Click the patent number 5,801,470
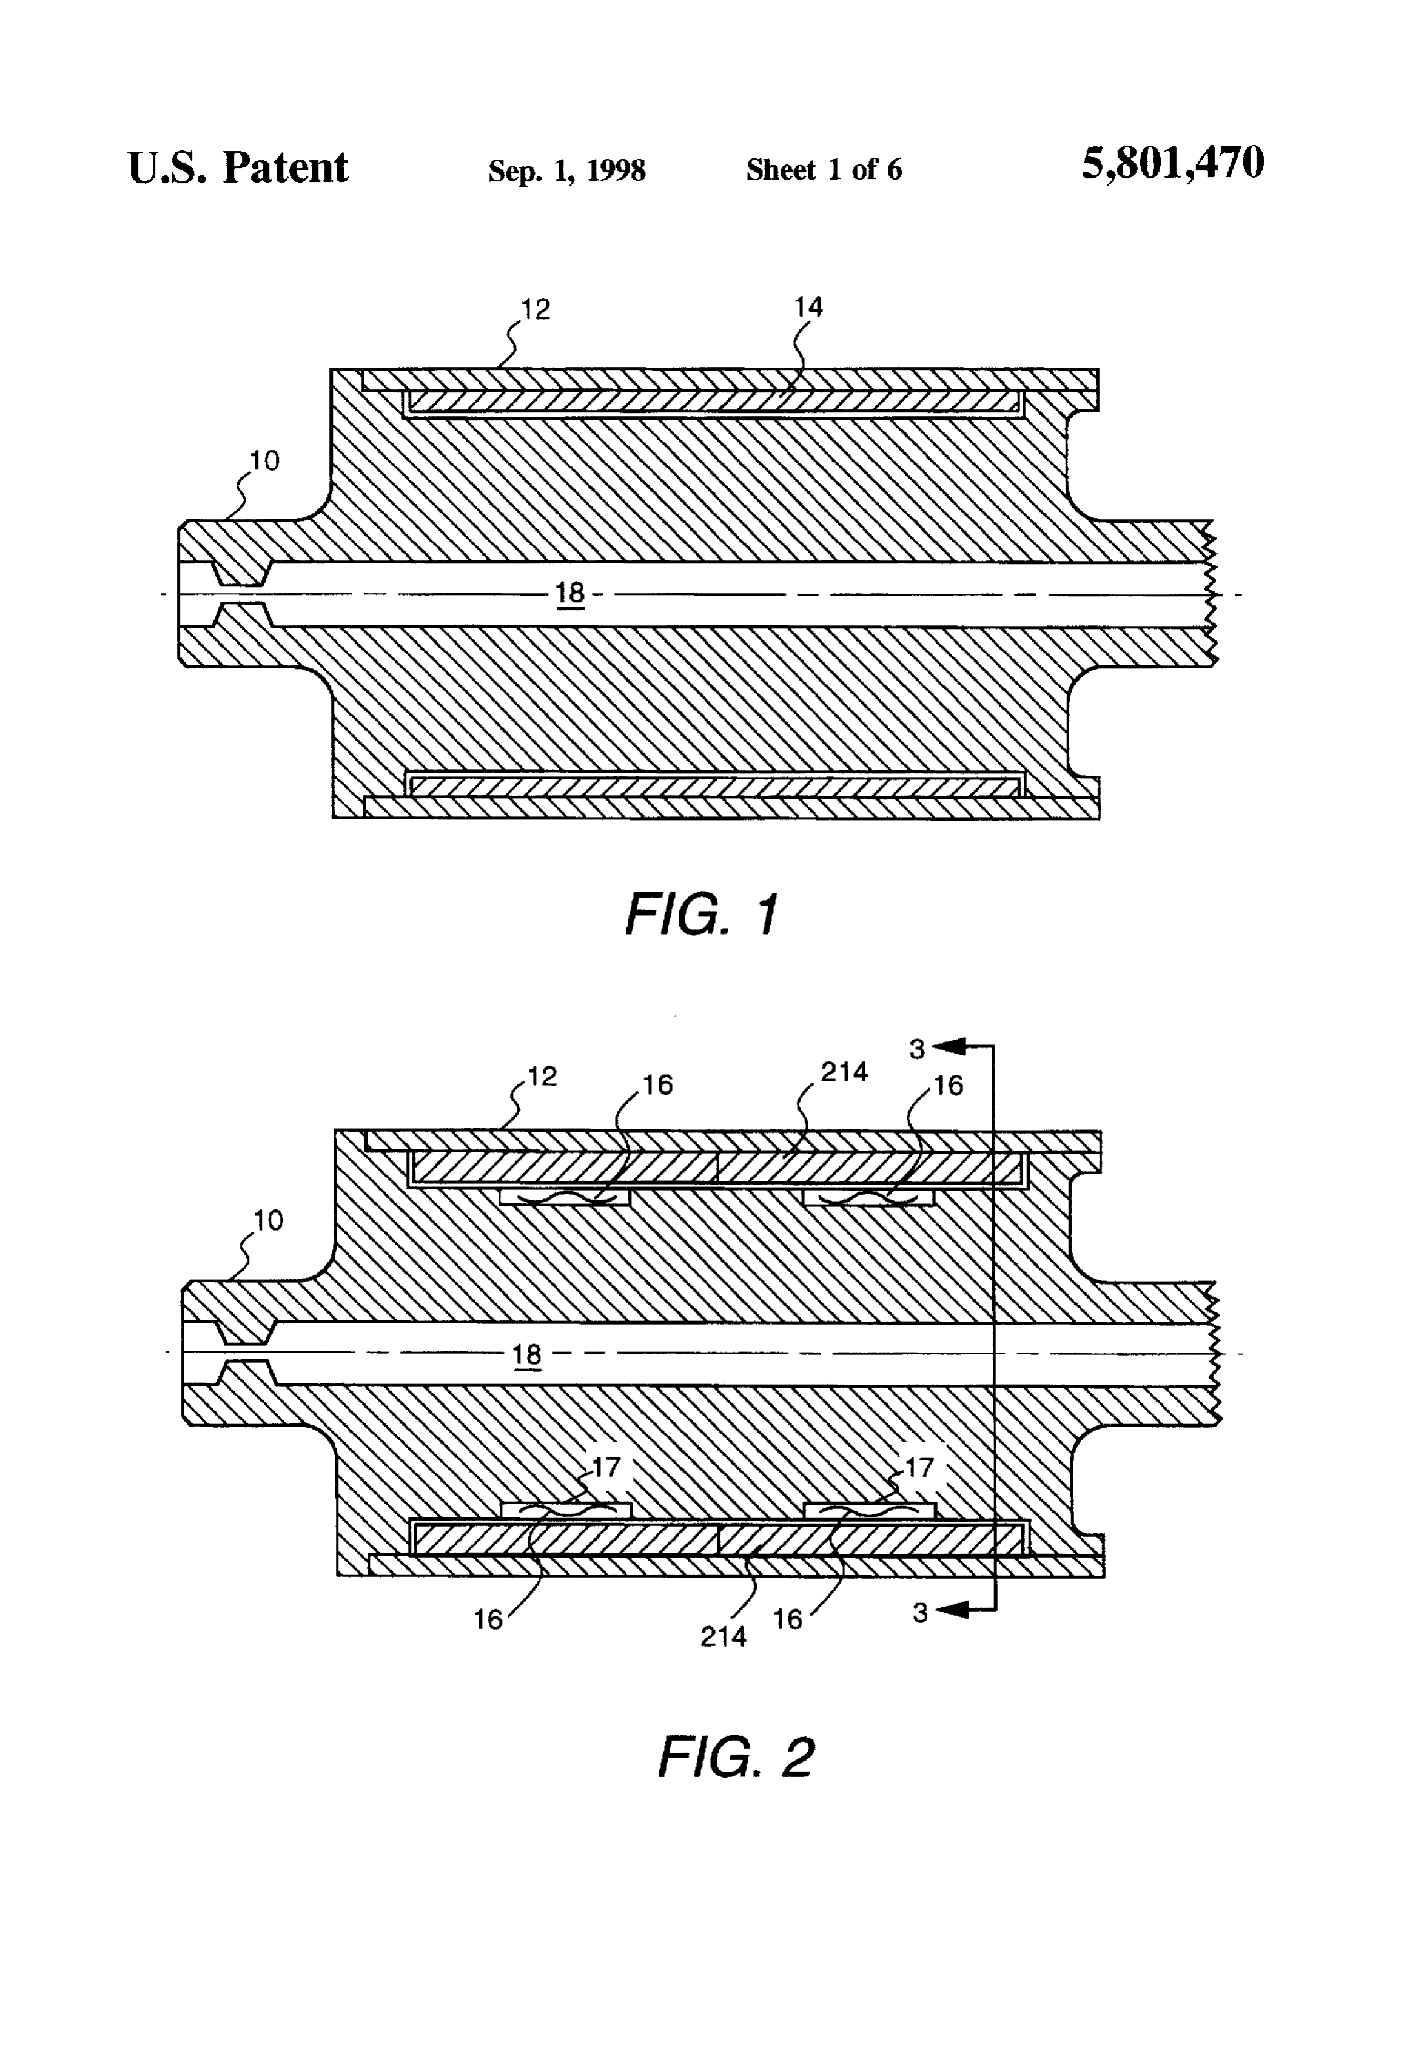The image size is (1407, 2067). click(x=1172, y=164)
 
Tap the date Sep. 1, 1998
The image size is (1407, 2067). click(x=566, y=170)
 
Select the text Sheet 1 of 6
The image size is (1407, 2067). click(x=824, y=169)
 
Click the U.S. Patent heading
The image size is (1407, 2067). click(x=238, y=167)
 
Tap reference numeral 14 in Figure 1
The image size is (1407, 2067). click(x=808, y=308)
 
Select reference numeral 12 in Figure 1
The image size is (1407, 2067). click(x=536, y=309)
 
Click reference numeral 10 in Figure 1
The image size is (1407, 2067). click(x=264, y=461)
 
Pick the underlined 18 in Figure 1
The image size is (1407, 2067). click(x=570, y=593)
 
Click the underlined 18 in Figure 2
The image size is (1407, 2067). click(x=526, y=1354)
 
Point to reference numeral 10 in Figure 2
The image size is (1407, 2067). click(x=267, y=1220)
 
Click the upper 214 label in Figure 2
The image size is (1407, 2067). click(x=844, y=1072)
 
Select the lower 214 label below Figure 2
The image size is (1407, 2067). click(x=723, y=1636)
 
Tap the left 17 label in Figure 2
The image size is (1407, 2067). click(x=606, y=1467)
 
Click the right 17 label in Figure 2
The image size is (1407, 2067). click(x=919, y=1467)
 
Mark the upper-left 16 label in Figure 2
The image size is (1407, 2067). click(x=658, y=1084)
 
